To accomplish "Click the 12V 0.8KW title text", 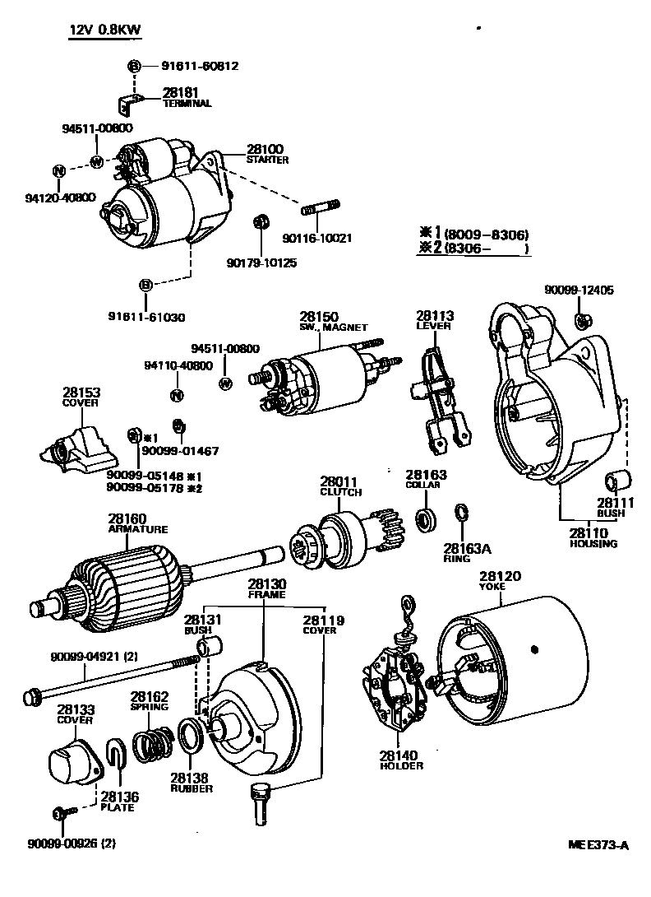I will pyautogui.click(x=104, y=30).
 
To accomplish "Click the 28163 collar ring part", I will pyautogui.click(x=426, y=519).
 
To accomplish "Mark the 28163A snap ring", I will pyautogui.click(x=462, y=514).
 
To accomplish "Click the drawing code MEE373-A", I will pyautogui.click(x=598, y=845).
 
